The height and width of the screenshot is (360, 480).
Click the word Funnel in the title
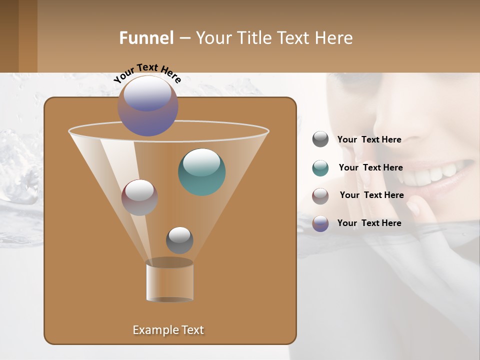pyautogui.click(x=146, y=38)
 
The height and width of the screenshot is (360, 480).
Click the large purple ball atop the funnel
pyautogui.click(x=148, y=106)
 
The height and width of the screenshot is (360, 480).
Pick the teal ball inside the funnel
pyautogui.click(x=202, y=172)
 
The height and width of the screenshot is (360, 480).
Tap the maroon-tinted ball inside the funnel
pyautogui.click(x=139, y=197)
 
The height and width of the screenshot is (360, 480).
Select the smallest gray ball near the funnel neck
pyautogui.click(x=179, y=240)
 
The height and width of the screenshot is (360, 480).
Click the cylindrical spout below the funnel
pyautogui.click(x=169, y=281)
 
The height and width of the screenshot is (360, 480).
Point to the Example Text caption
pyautogui.click(x=168, y=330)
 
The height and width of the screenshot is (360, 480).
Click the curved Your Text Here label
pyautogui.click(x=147, y=73)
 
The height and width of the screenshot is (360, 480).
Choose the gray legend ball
pyautogui.click(x=320, y=139)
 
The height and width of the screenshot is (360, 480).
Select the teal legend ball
pyautogui.click(x=320, y=168)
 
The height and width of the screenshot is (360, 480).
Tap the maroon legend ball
pyautogui.click(x=320, y=195)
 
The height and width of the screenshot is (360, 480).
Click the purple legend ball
pyautogui.click(x=320, y=223)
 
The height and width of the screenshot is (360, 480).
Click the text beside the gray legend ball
pyautogui.click(x=369, y=139)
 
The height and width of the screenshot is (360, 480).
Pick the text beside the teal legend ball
pyautogui.click(x=370, y=167)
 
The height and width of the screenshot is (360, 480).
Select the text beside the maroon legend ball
pyautogui.click(x=371, y=195)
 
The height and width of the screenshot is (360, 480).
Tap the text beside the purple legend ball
pyautogui.click(x=369, y=223)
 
